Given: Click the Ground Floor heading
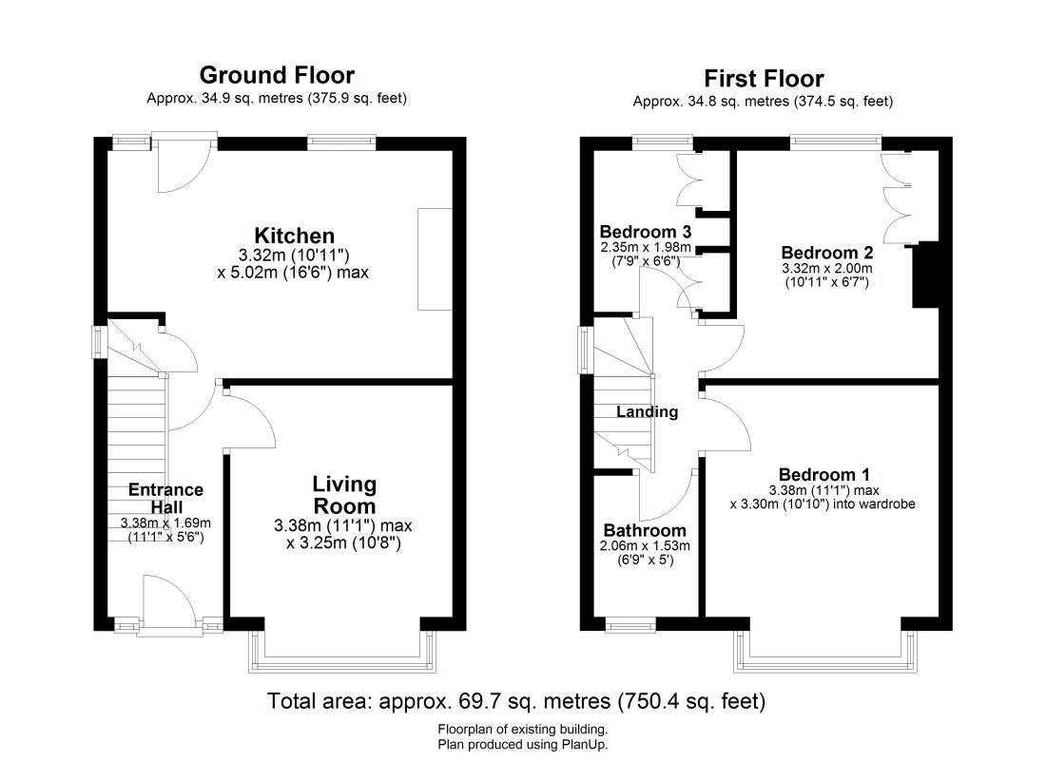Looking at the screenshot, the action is pyautogui.click(x=277, y=75).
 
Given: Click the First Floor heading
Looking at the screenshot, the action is pyautogui.click(x=764, y=79).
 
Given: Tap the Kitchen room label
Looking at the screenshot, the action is pyautogui.click(x=294, y=236).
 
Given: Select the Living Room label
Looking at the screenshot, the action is pyautogui.click(x=344, y=495).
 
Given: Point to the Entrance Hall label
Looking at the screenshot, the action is pyautogui.click(x=165, y=498).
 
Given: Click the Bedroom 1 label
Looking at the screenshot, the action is pyautogui.click(x=823, y=475).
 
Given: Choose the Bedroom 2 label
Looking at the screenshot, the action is pyautogui.click(x=827, y=253).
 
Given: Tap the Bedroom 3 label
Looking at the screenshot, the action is pyautogui.click(x=645, y=232).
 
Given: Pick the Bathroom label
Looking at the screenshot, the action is pyautogui.click(x=645, y=531).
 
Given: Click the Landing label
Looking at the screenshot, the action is pyautogui.click(x=647, y=412).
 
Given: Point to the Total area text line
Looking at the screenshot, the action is pyautogui.click(x=516, y=701).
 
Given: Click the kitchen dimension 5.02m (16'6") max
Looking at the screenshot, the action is pyautogui.click(x=293, y=273).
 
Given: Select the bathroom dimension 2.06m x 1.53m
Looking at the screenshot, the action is pyautogui.click(x=645, y=546).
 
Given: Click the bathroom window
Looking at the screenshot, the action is pyautogui.click(x=630, y=626).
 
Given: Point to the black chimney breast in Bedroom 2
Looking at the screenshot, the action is pyautogui.click(x=925, y=275).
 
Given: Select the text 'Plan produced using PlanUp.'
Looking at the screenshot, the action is pyautogui.click(x=523, y=745).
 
